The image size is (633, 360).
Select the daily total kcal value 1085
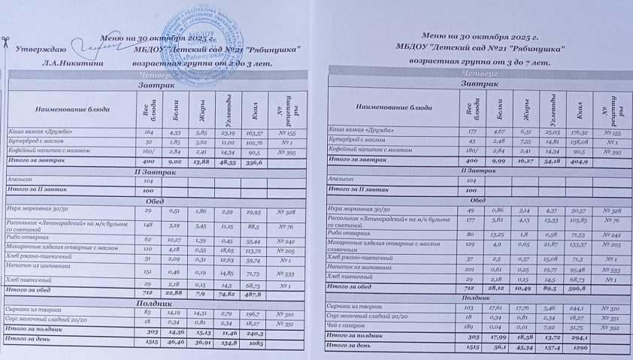pyautogui.click(x=254, y=341)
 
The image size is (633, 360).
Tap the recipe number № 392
pyautogui.click(x=607, y=328)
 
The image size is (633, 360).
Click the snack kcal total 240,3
pyautogui.click(x=254, y=330)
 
